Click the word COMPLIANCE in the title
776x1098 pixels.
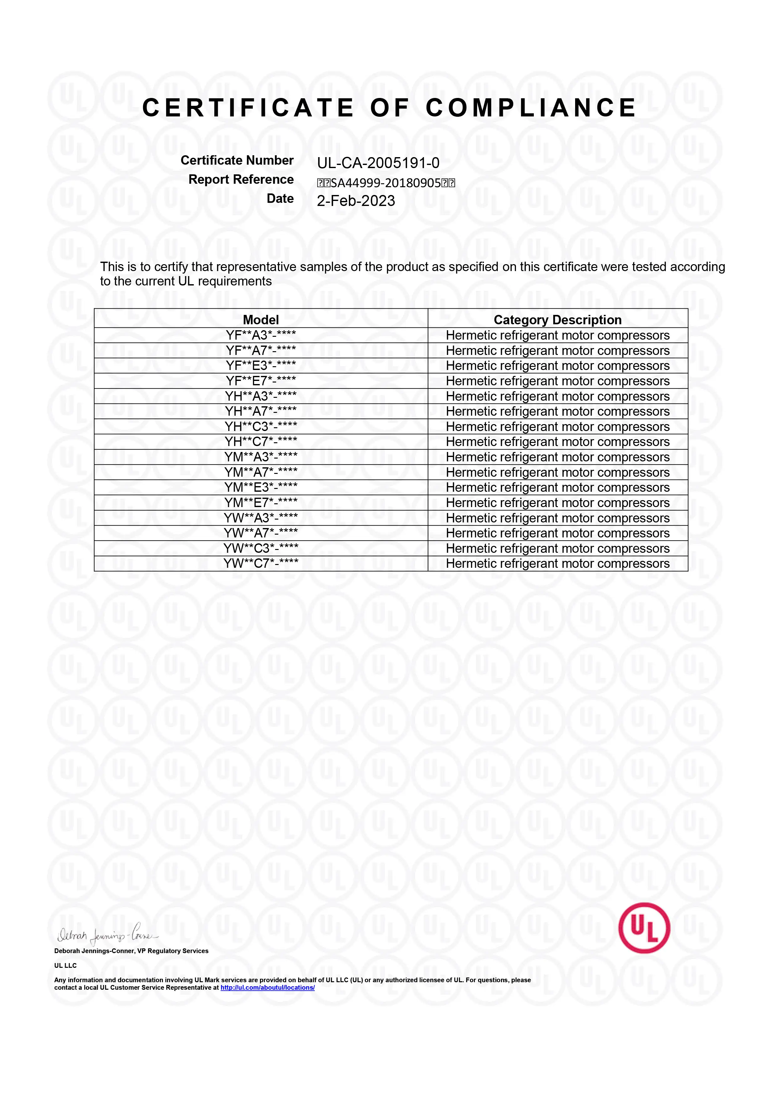(531, 108)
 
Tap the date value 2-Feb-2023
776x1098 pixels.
(356, 201)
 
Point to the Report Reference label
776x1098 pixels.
(241, 179)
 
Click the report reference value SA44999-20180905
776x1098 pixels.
(386, 183)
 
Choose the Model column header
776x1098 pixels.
(261, 320)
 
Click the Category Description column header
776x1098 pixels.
(558, 320)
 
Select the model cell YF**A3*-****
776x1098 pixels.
(261, 335)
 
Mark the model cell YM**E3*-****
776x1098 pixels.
(261, 487)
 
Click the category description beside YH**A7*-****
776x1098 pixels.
(558, 411)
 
